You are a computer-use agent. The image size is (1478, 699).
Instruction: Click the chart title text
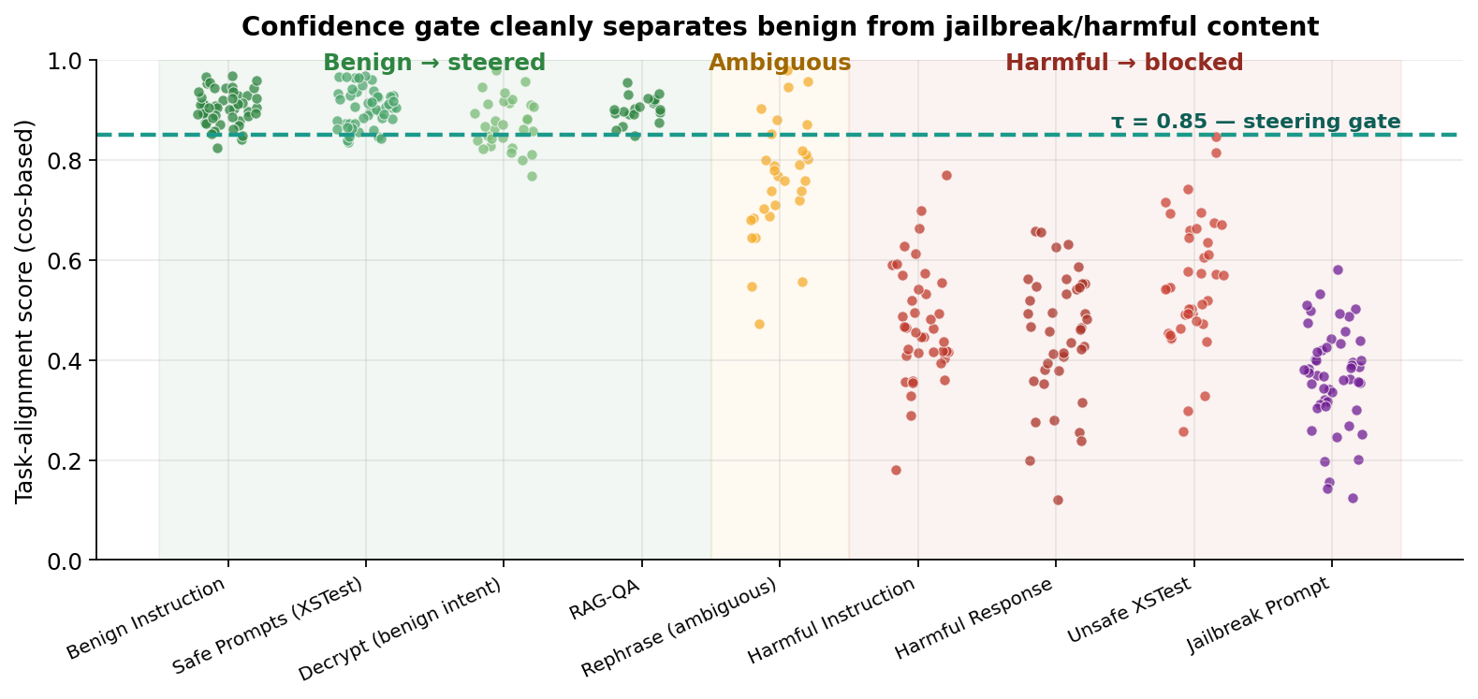click(780, 26)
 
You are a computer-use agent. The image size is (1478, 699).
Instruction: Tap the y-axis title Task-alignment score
click(25, 311)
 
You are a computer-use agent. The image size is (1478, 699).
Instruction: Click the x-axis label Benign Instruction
click(148, 619)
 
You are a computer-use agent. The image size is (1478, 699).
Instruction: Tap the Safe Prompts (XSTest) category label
click(269, 626)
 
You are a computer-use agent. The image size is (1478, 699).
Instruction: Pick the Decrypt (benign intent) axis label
click(400, 630)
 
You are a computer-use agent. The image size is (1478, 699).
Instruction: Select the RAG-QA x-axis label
click(605, 600)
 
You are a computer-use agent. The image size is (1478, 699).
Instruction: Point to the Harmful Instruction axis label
click(831, 621)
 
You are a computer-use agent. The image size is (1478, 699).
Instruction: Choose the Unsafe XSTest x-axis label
click(1129, 611)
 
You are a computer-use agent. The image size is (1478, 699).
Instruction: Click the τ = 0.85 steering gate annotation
click(1255, 122)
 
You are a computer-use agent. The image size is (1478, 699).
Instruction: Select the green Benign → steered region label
click(433, 63)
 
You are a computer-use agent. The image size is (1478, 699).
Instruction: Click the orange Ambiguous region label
click(779, 63)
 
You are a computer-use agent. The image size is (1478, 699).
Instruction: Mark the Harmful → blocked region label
click(1123, 63)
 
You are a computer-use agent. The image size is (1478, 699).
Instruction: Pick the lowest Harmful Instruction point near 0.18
click(896, 470)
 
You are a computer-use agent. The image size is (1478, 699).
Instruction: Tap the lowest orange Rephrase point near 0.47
click(759, 324)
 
